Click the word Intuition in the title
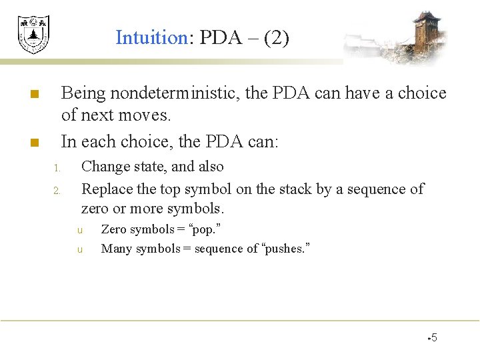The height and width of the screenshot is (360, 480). (x=152, y=37)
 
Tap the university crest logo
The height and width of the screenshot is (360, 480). (x=33, y=35)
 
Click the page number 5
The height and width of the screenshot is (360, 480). (x=434, y=337)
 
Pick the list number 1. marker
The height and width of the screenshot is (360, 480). (x=58, y=167)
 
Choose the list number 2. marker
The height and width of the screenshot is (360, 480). (x=58, y=191)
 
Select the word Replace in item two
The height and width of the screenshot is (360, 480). (x=107, y=189)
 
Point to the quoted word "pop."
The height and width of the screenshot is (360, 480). (x=206, y=229)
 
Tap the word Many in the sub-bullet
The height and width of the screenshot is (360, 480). (x=115, y=249)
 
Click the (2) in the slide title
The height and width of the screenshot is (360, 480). (x=276, y=37)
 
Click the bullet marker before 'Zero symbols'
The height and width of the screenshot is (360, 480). (x=79, y=230)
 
